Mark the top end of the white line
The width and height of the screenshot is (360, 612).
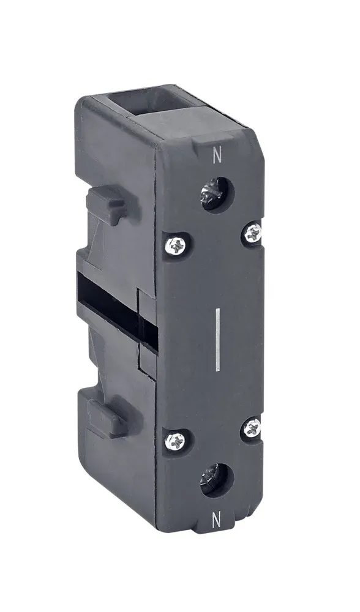click(x=217, y=312)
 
